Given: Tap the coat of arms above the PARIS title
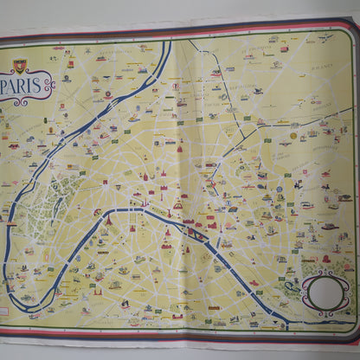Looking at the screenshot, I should pos(19,65).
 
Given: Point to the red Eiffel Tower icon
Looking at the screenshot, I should pos(108,221).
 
